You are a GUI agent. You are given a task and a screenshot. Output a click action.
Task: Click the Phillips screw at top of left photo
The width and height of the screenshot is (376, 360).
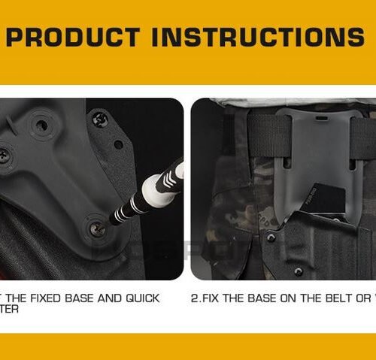99,118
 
